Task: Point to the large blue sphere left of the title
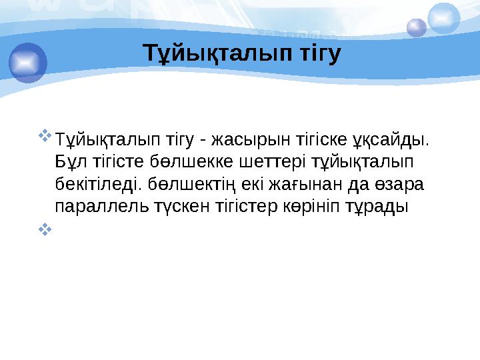coord(28,62)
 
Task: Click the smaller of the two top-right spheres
coord(417,27)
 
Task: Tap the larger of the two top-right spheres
coord(444,18)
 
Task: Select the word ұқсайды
coord(395,141)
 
